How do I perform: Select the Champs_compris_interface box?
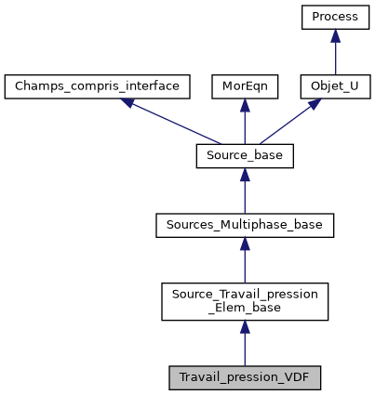[98, 87]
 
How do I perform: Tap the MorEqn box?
[245, 87]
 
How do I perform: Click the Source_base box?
[245, 156]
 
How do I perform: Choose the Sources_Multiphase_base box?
[245, 225]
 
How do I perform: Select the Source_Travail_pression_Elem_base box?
[245, 301]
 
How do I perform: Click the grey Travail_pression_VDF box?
[245, 377]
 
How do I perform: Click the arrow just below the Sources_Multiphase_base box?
[245, 261]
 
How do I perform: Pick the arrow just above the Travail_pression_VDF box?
[245, 343]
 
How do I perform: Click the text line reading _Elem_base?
[245, 309]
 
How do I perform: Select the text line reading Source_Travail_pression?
[245, 295]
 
